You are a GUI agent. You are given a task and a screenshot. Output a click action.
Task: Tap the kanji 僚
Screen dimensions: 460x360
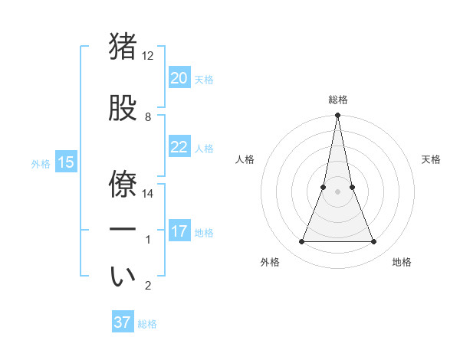point(123,182)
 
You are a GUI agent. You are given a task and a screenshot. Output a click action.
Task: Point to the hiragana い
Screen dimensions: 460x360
point(123,277)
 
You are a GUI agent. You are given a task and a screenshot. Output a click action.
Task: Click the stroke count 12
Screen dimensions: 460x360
point(148,56)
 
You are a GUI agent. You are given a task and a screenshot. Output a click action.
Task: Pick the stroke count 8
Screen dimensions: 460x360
point(148,117)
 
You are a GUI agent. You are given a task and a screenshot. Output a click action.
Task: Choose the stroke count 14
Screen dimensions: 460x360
point(148,193)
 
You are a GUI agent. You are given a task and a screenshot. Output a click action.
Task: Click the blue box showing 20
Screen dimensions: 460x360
point(179,78)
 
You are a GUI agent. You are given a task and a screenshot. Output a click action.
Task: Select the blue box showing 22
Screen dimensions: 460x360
point(179,147)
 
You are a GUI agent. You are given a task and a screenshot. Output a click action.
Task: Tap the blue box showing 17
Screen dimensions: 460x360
point(179,231)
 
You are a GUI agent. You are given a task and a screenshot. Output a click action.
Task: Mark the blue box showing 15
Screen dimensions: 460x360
point(65,162)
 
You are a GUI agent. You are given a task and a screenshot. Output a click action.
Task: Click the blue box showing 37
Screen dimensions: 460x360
point(123,322)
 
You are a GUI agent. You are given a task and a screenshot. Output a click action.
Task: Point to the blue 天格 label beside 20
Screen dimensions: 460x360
point(204,79)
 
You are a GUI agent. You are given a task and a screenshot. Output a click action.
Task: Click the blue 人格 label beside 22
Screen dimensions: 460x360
point(204,148)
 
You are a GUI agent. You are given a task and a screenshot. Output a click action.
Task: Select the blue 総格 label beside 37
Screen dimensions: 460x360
point(147,323)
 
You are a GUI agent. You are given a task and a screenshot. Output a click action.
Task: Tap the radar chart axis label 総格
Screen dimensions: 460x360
point(337,100)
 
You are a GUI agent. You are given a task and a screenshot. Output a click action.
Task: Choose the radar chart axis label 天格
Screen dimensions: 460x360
point(431,159)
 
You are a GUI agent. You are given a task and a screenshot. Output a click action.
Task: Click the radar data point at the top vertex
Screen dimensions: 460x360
point(337,116)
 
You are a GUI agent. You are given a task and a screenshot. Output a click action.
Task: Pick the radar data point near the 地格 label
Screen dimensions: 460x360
point(374,242)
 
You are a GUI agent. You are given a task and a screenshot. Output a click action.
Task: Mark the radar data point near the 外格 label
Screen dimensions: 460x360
point(301,242)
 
